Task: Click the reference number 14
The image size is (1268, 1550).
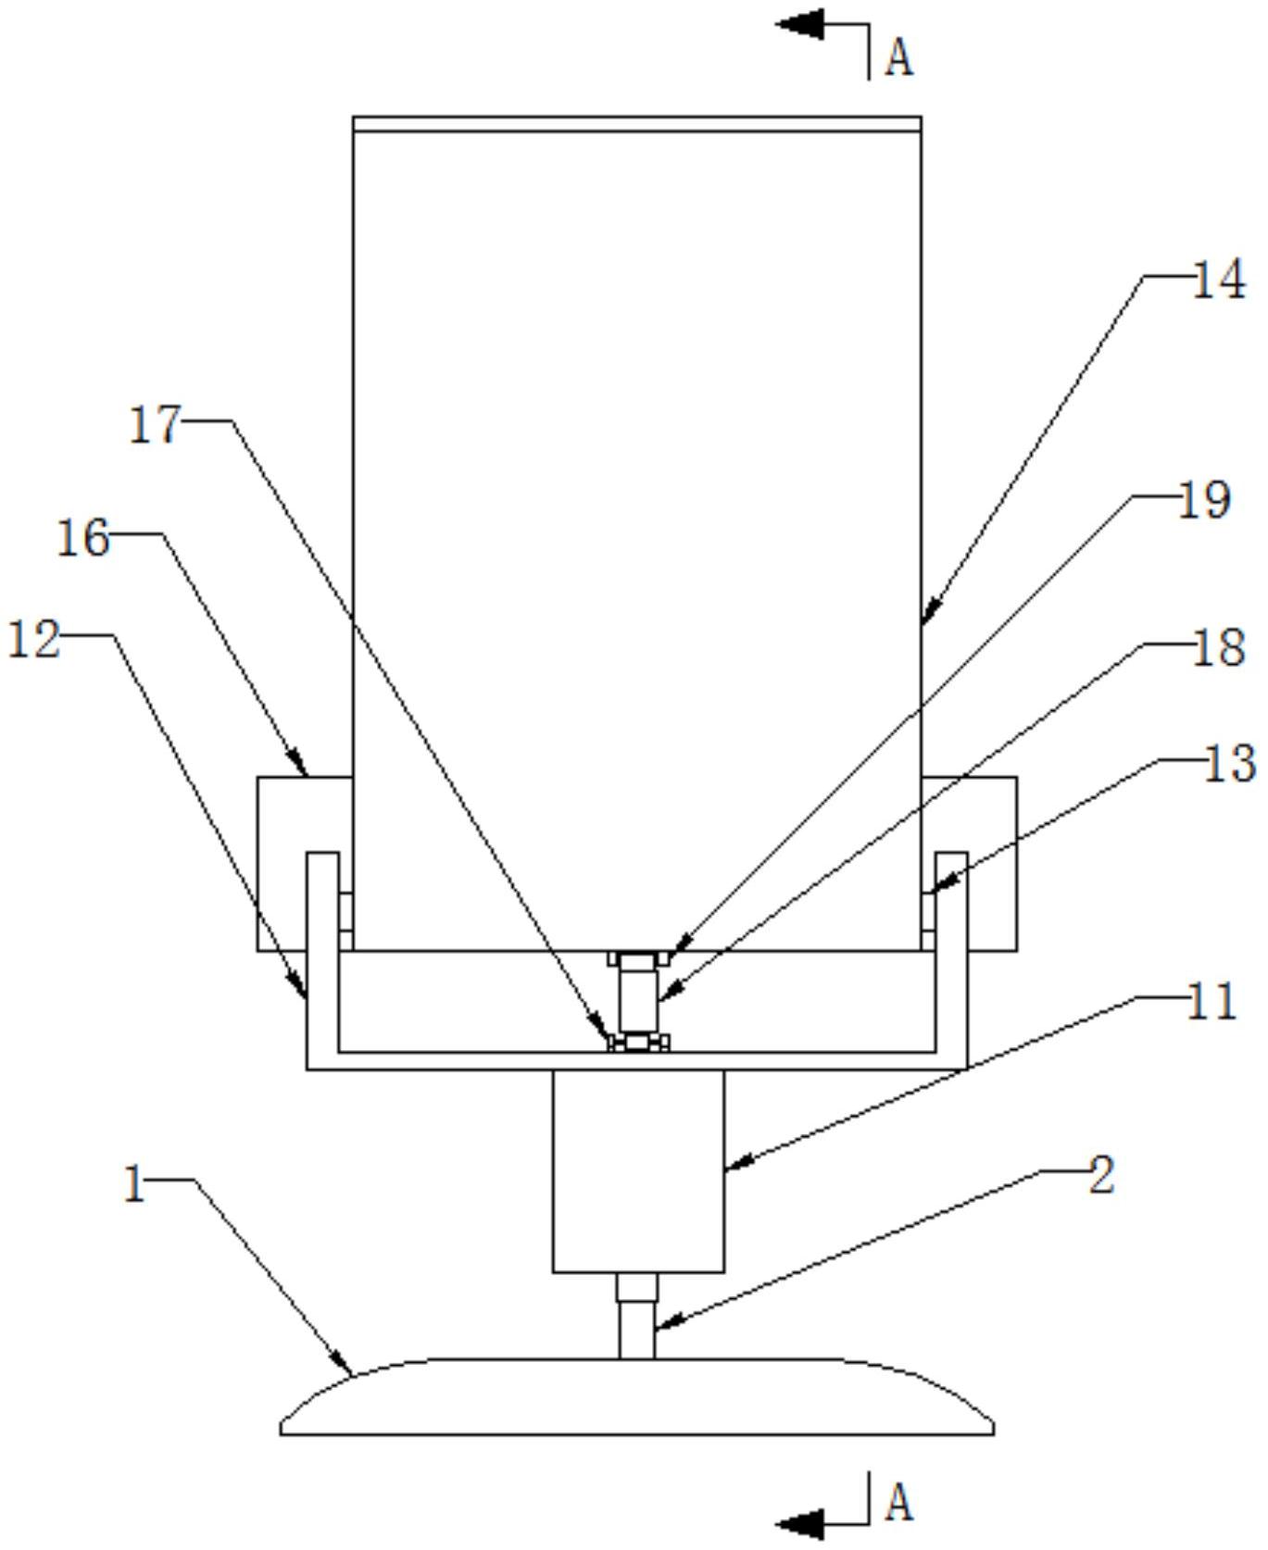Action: click(1218, 280)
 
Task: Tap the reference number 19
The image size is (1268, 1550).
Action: click(1203, 501)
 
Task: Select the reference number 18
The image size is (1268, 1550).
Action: click(1217, 647)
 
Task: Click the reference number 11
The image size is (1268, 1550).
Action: click(1211, 1001)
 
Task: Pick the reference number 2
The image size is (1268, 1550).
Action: click(1100, 1175)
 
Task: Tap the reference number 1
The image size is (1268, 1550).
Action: click(134, 1183)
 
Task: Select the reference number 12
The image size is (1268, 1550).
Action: click(34, 640)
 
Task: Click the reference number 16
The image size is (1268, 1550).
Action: click(83, 538)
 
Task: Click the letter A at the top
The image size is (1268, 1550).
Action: click(899, 57)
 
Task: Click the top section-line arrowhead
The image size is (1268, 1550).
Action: click(799, 24)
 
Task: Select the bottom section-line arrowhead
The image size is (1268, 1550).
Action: click(799, 1523)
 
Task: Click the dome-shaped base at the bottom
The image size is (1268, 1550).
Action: click(637, 1397)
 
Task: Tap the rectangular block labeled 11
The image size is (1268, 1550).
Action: click(638, 1171)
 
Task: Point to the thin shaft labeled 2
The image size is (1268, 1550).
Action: click(636, 1317)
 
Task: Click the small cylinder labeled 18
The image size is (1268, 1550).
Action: click(637, 999)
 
